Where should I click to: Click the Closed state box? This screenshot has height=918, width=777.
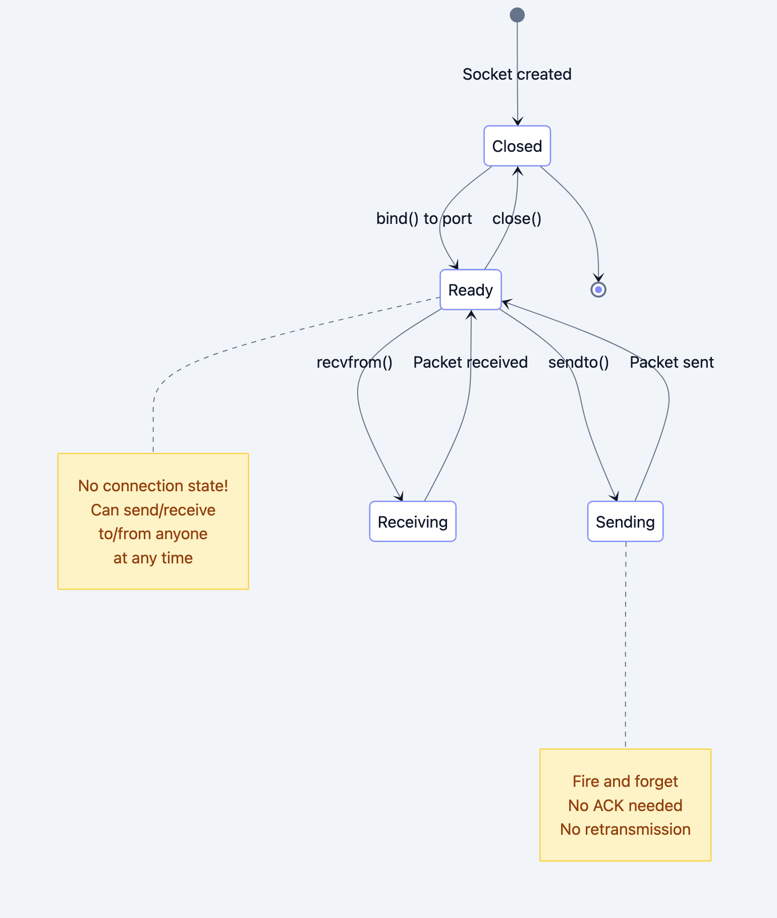(x=517, y=146)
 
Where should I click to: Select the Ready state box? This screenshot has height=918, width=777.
(x=470, y=290)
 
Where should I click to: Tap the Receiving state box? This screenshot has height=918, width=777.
(x=412, y=522)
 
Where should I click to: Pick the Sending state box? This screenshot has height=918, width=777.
(x=625, y=522)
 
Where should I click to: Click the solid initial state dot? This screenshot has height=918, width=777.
(x=517, y=15)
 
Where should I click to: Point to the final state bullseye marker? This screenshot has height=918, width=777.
(x=598, y=290)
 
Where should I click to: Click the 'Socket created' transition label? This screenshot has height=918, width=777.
(x=517, y=74)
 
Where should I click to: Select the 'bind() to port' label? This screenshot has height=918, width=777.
(x=424, y=218)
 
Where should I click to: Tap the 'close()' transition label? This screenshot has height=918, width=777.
(x=517, y=218)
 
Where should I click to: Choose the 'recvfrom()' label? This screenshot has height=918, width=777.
(x=354, y=362)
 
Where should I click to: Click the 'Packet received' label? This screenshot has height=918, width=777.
(x=470, y=362)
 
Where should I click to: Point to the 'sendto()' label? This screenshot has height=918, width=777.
(x=578, y=362)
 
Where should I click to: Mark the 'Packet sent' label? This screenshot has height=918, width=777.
(x=671, y=362)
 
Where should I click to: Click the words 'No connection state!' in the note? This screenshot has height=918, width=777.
(x=153, y=486)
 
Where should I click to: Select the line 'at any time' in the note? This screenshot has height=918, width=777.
(x=153, y=558)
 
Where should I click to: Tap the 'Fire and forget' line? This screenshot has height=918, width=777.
(x=625, y=781)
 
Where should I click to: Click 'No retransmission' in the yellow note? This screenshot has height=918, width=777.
(x=625, y=829)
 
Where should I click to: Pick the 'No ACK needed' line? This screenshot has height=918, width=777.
(x=625, y=806)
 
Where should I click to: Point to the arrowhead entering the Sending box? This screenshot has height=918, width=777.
(x=615, y=497)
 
